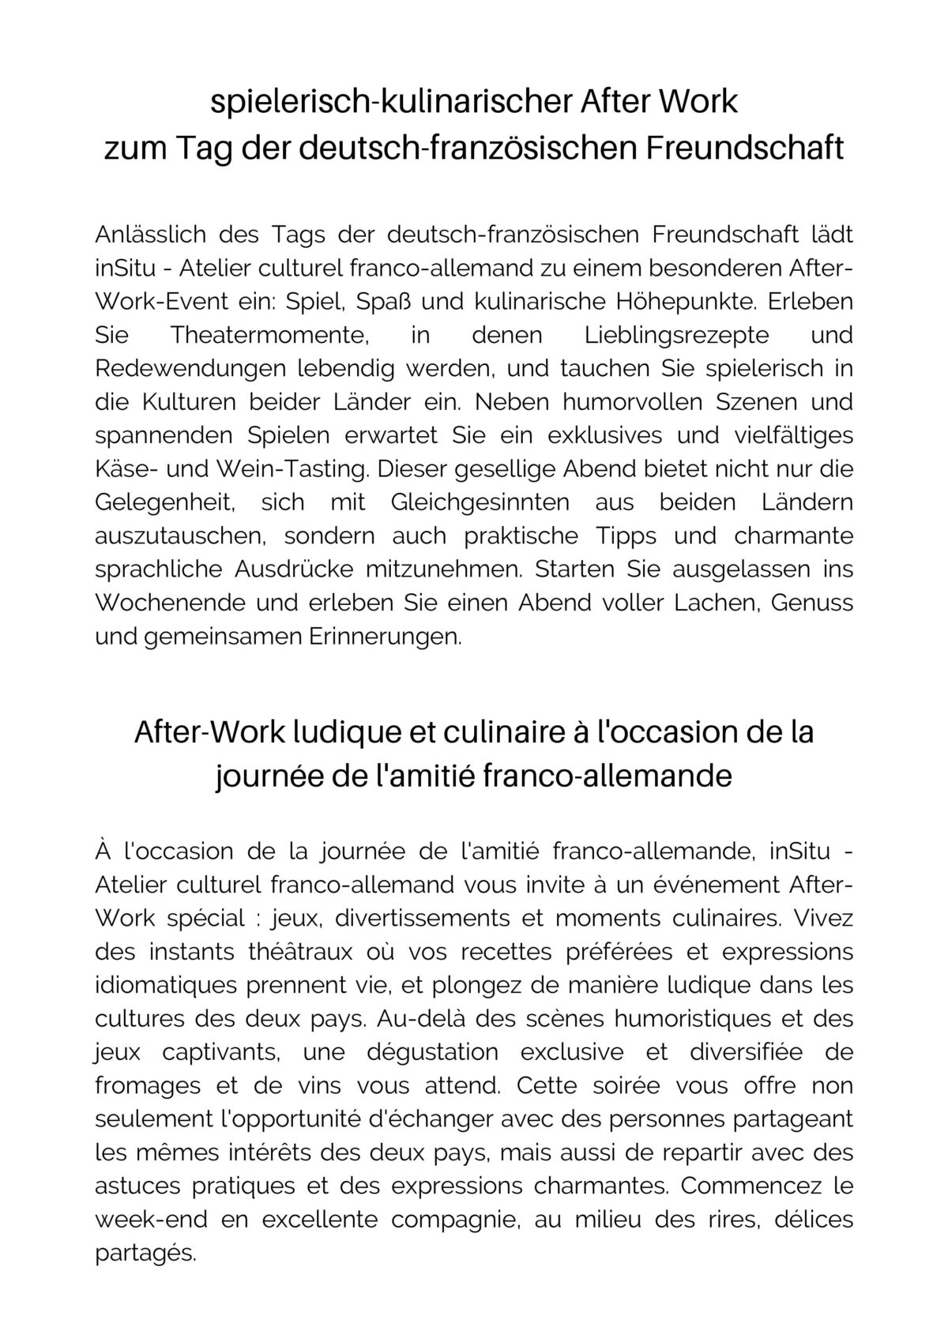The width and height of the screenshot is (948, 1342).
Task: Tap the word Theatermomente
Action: pos(270,335)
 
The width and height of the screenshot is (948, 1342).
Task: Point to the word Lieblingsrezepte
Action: pos(676,335)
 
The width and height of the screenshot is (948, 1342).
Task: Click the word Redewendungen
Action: pos(190,368)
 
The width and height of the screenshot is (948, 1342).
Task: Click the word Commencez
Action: pos(742,1186)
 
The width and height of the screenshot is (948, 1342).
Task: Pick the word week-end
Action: pos(152,1220)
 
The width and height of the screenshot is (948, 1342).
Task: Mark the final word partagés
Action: pos(145,1254)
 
